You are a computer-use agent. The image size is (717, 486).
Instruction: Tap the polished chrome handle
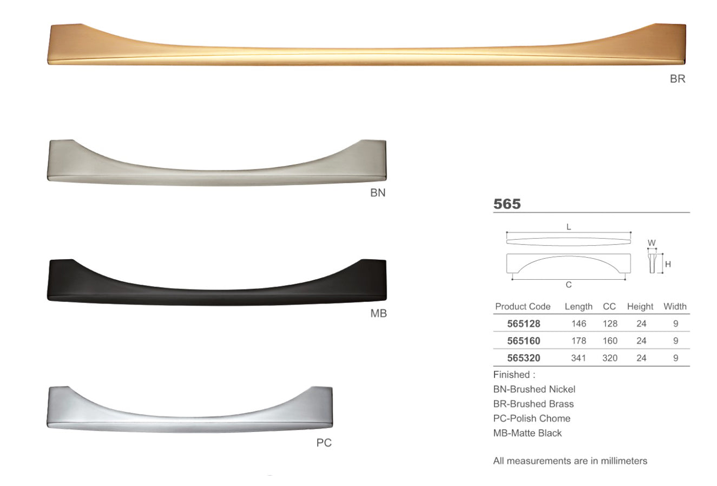pyautogui.click(x=189, y=423)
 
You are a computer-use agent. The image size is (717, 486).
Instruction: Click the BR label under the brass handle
pyautogui.click(x=677, y=79)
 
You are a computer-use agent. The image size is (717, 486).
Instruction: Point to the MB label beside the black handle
pyautogui.click(x=378, y=313)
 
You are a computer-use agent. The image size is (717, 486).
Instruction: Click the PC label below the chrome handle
pyautogui.click(x=324, y=443)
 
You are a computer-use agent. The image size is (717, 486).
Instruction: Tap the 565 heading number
pyautogui.click(x=507, y=204)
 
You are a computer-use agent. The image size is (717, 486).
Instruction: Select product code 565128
pyautogui.click(x=524, y=324)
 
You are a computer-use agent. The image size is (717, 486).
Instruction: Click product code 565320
pyautogui.click(x=524, y=358)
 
